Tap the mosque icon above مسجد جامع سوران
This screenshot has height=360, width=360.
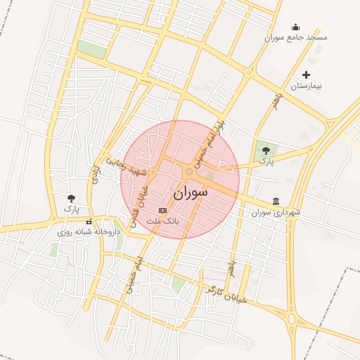[x=295, y=27]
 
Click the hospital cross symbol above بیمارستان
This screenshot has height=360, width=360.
[x=306, y=75]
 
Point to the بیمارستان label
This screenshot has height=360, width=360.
[x=307, y=85]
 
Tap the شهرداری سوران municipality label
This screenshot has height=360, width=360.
[x=276, y=212]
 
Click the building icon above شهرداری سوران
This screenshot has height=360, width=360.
[x=276, y=201]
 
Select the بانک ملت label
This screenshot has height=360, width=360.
[x=163, y=221]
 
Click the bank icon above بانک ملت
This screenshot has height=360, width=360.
[x=163, y=210]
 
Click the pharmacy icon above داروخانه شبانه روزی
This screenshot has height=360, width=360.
[x=89, y=221]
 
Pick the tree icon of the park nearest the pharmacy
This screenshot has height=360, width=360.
[x=71, y=199]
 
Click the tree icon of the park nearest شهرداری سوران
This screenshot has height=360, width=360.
[x=265, y=150]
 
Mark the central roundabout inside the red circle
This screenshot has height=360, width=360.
[x=188, y=171]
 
